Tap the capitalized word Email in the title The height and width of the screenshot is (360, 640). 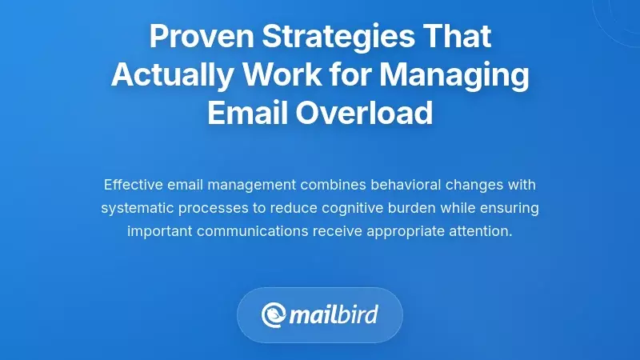pos(244,113)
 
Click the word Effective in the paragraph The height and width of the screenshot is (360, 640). pos(133,185)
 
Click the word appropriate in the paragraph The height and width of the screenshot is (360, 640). pos(401,231)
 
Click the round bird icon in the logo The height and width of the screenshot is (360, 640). pos(275,314)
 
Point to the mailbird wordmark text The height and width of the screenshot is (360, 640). pos(335,314)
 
